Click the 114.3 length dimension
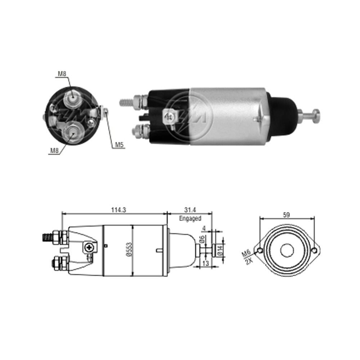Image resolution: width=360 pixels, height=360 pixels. pyautogui.click(x=119, y=210)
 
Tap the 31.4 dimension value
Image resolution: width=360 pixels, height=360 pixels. pyautogui.click(x=190, y=210)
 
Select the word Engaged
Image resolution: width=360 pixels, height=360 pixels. pyautogui.click(x=190, y=219)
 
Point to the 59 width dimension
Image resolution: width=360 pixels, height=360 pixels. pyautogui.click(x=287, y=215)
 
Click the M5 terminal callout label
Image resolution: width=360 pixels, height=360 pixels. pyautogui.click(x=120, y=145)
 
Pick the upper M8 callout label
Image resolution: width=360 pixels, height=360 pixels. pyautogui.click(x=62, y=74)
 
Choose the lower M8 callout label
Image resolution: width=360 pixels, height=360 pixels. pyautogui.click(x=55, y=150)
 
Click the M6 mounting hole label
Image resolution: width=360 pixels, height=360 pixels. pyautogui.click(x=246, y=254)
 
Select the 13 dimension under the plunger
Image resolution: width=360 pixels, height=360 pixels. pyautogui.click(x=206, y=264)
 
